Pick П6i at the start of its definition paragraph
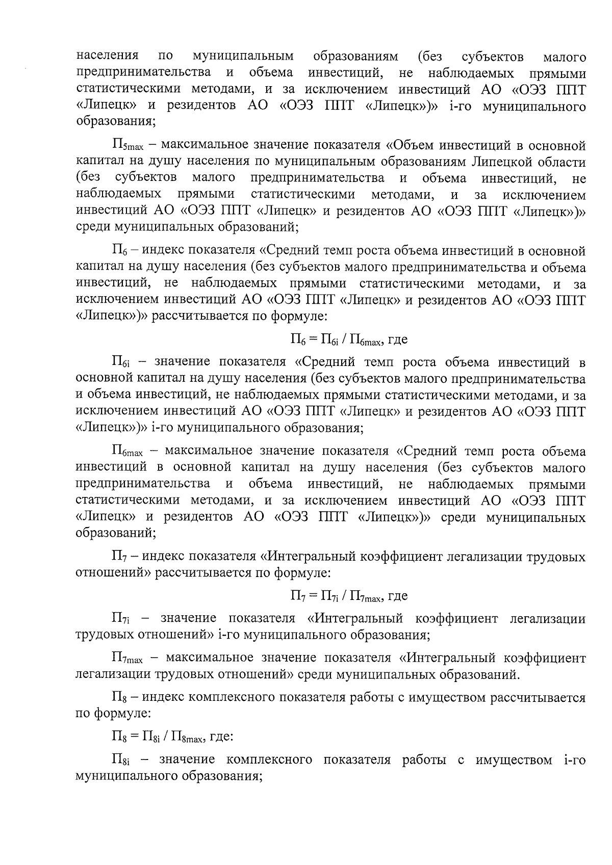pyautogui.click(x=121, y=363)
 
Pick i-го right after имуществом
pyautogui.click(x=574, y=760)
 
